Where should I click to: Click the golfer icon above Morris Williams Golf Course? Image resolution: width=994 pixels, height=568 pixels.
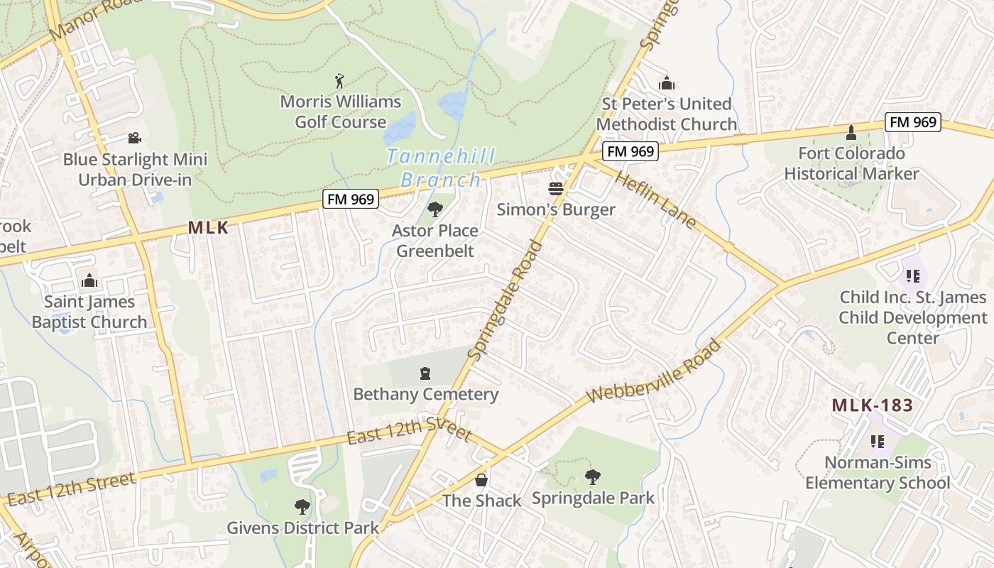pyautogui.click(x=339, y=81)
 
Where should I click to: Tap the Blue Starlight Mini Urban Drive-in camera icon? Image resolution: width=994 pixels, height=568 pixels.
pyautogui.click(x=134, y=138)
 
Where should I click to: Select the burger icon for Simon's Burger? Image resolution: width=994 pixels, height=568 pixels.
pyautogui.click(x=555, y=189)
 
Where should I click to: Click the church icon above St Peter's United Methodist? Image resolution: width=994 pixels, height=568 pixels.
pyautogui.click(x=666, y=83)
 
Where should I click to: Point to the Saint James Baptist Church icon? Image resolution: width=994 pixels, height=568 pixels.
pyautogui.click(x=89, y=281)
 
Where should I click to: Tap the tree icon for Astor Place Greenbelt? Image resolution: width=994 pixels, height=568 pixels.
pyautogui.click(x=435, y=209)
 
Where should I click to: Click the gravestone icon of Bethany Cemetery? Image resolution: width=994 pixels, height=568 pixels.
pyautogui.click(x=425, y=373)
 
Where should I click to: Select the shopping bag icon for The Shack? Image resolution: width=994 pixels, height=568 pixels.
pyautogui.click(x=481, y=480)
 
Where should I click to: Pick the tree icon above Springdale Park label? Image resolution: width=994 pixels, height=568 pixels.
pyautogui.click(x=592, y=477)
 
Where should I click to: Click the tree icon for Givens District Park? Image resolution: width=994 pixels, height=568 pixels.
pyautogui.click(x=302, y=507)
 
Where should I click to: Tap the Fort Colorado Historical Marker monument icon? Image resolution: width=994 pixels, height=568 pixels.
pyautogui.click(x=851, y=133)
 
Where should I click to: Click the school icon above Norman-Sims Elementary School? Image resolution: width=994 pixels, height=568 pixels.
pyautogui.click(x=878, y=442)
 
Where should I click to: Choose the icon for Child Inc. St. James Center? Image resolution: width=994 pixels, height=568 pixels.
pyautogui.click(x=912, y=276)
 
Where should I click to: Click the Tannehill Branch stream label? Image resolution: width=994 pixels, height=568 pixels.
pyautogui.click(x=441, y=168)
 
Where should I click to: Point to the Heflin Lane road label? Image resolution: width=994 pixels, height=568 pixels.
pyautogui.click(x=654, y=200)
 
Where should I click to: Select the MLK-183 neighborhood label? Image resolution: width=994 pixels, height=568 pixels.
pyautogui.click(x=872, y=406)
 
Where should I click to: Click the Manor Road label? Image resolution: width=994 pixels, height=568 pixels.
pyautogui.click(x=86, y=18)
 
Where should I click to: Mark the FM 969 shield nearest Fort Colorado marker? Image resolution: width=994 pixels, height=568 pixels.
pyautogui.click(x=914, y=122)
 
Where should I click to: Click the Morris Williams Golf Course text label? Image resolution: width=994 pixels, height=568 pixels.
pyautogui.click(x=341, y=111)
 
